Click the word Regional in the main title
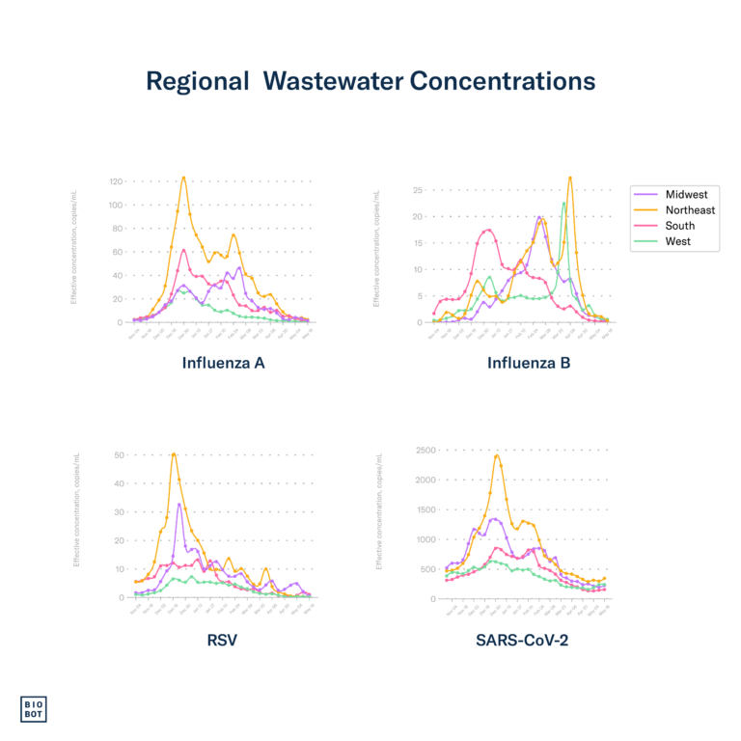(197, 82)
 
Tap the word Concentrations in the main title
(502, 82)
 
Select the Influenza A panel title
(223, 364)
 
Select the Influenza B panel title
(529, 364)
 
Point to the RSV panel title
(223, 639)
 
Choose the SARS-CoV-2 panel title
(521, 639)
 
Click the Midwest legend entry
(686, 195)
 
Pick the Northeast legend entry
(690, 210)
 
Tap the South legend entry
(679, 226)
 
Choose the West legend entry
(677, 241)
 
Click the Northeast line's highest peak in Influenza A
(183, 177)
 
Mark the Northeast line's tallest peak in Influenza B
(570, 178)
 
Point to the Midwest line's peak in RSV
(178, 504)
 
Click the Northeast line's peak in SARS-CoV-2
(497, 454)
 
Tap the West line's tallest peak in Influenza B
(564, 203)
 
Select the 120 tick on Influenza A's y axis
(116, 181)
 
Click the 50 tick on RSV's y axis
(121, 454)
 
